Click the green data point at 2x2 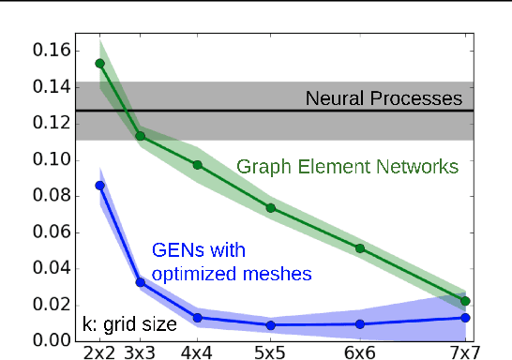click(x=100, y=64)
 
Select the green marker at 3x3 click(x=141, y=136)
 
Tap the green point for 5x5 click(x=270, y=207)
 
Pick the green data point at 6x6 click(x=359, y=248)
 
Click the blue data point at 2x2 click(x=100, y=186)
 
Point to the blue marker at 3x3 click(x=141, y=281)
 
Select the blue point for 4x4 click(x=197, y=318)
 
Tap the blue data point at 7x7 click(x=465, y=318)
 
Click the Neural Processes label click(x=384, y=98)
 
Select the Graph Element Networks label click(x=347, y=167)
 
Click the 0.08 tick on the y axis click(x=53, y=195)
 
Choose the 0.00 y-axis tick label click(x=53, y=339)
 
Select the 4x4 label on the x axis click(x=197, y=352)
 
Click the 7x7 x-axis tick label click(x=465, y=352)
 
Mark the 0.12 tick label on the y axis click(x=53, y=123)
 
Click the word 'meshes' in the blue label click(x=278, y=273)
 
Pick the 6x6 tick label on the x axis click(x=359, y=352)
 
